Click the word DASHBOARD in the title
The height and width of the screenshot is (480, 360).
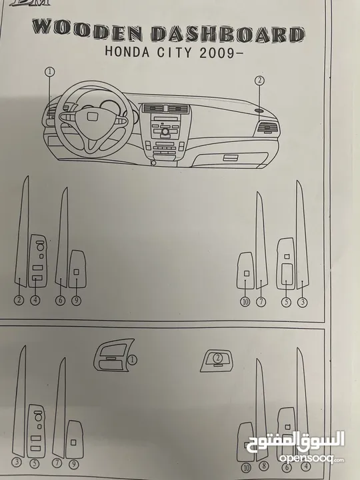pyautogui.click(x=228, y=34)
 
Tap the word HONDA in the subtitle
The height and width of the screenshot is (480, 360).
pyautogui.click(x=127, y=51)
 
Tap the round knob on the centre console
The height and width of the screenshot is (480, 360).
pyautogui.click(x=165, y=132)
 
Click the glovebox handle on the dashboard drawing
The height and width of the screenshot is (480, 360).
pyautogui.click(x=231, y=157)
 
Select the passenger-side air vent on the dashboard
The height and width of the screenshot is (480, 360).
pyautogui.click(x=269, y=127)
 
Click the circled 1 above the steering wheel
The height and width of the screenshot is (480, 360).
pyautogui.click(x=49, y=72)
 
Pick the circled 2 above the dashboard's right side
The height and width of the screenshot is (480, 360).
pyautogui.click(x=259, y=81)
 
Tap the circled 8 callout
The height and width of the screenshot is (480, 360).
pyautogui.click(x=263, y=466)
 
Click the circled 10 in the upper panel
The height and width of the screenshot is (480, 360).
pyautogui.click(x=245, y=302)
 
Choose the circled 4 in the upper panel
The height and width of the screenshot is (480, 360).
pyautogui.click(x=35, y=300)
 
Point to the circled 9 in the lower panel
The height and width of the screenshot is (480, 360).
pyautogui.click(x=73, y=465)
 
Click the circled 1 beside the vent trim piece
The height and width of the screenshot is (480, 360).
pyautogui.click(x=132, y=360)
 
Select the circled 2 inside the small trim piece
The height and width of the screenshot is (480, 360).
pyautogui.click(x=217, y=358)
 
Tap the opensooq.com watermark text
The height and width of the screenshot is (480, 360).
pyautogui.click(x=311, y=459)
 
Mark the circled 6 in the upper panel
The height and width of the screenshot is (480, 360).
pyautogui.click(x=60, y=300)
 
